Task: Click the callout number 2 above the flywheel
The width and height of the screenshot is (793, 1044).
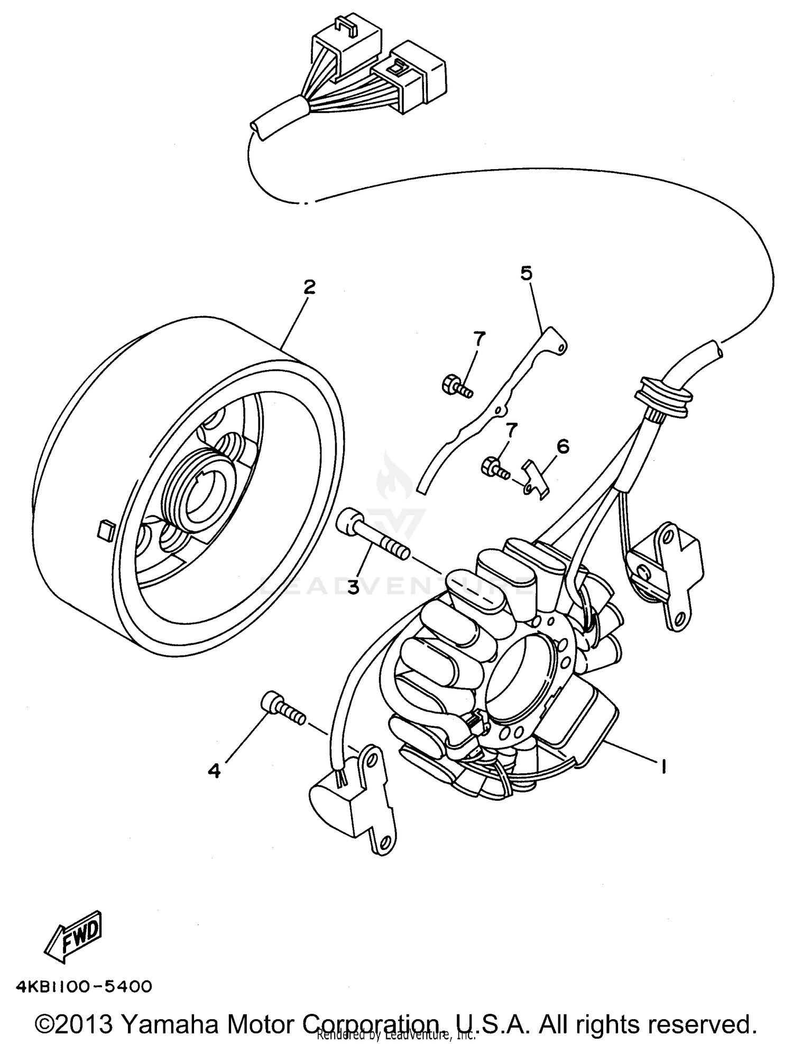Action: tap(309, 287)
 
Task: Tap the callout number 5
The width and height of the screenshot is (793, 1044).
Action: tap(527, 273)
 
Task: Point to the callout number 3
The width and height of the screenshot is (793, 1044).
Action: tap(353, 586)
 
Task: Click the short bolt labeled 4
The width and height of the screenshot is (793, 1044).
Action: tap(283, 708)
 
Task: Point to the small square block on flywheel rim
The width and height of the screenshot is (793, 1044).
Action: tap(105, 529)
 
